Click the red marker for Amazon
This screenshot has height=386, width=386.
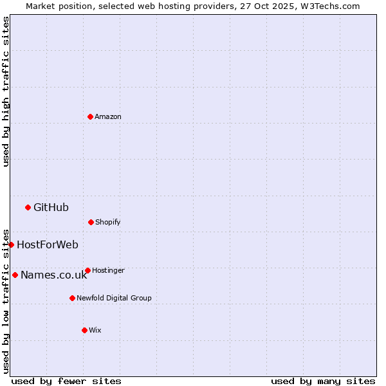click(90, 116)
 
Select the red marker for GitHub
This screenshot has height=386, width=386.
click(28, 207)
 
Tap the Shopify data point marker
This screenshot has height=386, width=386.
click(91, 222)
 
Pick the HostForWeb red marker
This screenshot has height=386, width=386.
click(11, 244)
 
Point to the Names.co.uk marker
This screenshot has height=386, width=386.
click(15, 275)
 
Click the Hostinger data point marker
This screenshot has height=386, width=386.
click(87, 270)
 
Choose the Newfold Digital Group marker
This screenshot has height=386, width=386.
click(72, 298)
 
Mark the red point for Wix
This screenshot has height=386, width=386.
click(84, 330)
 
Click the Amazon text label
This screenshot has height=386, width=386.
click(108, 116)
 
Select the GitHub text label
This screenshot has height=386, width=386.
click(51, 207)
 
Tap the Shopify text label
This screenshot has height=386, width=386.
click(108, 222)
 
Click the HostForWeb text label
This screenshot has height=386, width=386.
click(48, 244)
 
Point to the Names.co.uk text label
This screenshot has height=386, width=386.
click(53, 275)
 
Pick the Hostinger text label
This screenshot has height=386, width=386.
click(108, 270)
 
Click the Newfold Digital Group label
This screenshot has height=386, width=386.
click(114, 298)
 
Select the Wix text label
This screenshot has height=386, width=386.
click(95, 330)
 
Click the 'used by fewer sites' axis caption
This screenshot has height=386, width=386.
click(66, 381)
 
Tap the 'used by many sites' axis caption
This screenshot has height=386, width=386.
click(323, 381)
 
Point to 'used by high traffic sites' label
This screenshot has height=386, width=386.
click(6, 91)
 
